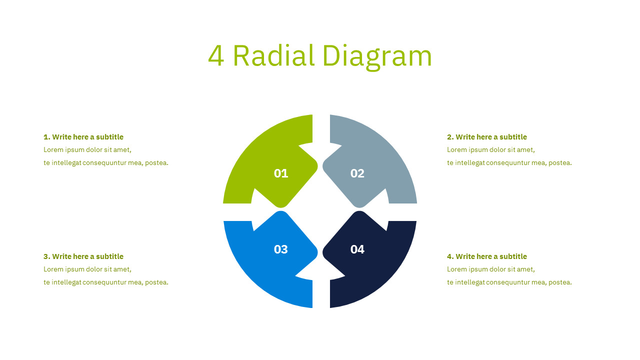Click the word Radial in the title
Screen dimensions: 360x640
tap(273, 55)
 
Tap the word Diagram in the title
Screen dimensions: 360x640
tap(376, 55)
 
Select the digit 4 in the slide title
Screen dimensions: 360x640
tap(216, 55)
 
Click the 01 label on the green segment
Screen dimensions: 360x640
tap(281, 173)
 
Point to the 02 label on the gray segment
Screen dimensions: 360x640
tap(357, 173)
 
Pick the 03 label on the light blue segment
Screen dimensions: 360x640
tap(281, 249)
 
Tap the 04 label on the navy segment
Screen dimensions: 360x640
tap(357, 249)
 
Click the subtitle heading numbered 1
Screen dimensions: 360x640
tap(83, 137)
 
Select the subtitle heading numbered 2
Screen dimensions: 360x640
tap(487, 137)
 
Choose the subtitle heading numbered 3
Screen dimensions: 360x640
tap(83, 256)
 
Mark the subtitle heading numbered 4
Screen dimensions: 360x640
tap(487, 256)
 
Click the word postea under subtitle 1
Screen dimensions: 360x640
tap(156, 163)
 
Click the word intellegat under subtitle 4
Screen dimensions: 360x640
tap(470, 282)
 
